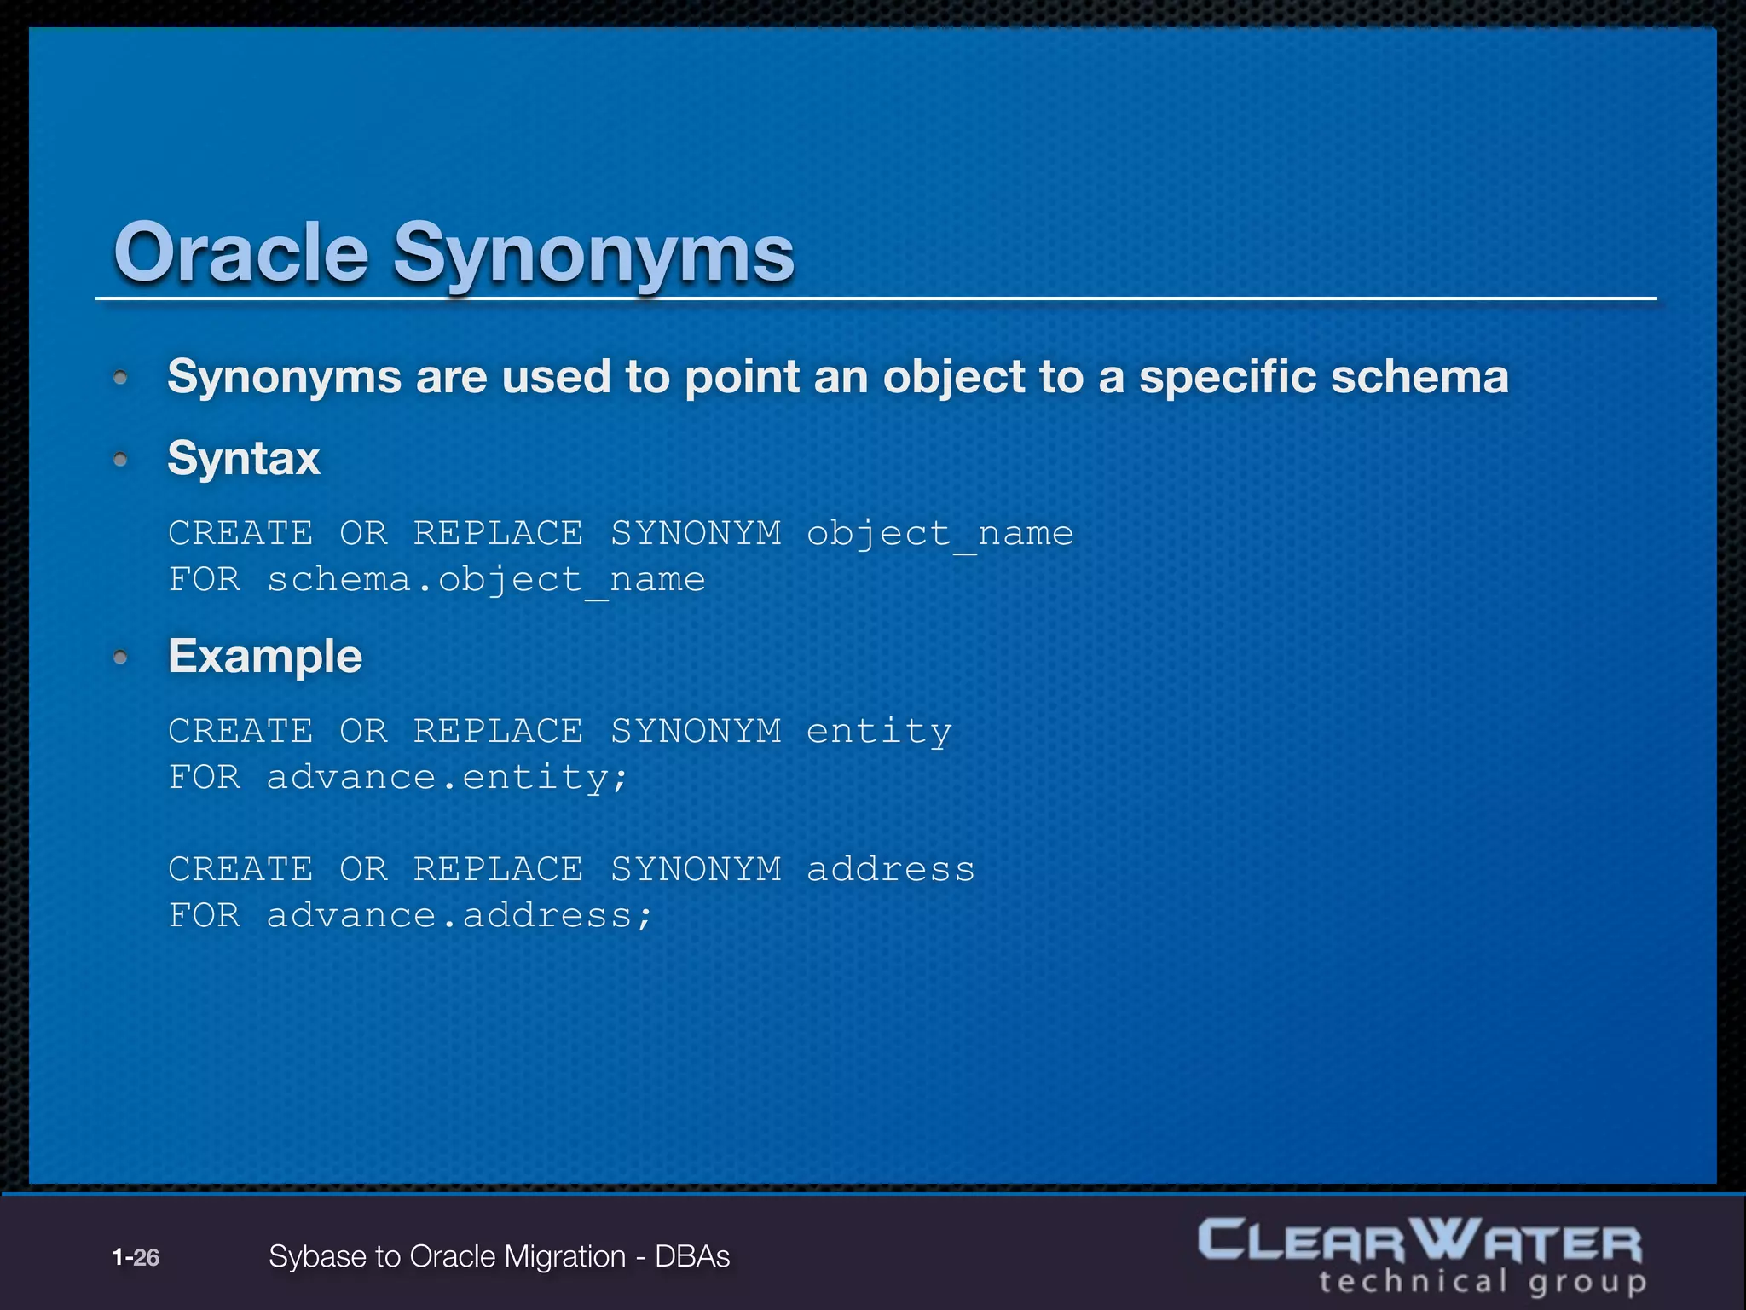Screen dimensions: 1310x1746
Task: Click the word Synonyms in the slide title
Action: coord(593,253)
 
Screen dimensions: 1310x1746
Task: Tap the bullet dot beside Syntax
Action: coord(121,460)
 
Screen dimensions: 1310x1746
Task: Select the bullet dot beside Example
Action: coord(121,657)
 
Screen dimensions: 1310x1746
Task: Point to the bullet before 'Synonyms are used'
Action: coord(121,377)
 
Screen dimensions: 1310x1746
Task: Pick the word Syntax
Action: coord(244,459)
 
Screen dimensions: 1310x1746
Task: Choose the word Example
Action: coord(265,657)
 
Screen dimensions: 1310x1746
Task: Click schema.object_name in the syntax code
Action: coord(486,580)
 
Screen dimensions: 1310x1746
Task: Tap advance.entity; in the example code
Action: coord(448,778)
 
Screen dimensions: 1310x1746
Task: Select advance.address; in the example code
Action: coord(460,916)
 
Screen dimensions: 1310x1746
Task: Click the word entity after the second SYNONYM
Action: coord(879,732)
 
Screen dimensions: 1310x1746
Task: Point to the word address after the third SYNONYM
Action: coord(890,870)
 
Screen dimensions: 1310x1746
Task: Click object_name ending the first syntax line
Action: coord(939,534)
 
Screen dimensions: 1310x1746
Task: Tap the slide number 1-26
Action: coord(136,1257)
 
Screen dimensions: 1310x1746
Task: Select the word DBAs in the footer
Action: coord(692,1257)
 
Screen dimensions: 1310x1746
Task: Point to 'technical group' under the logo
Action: coord(1482,1282)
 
